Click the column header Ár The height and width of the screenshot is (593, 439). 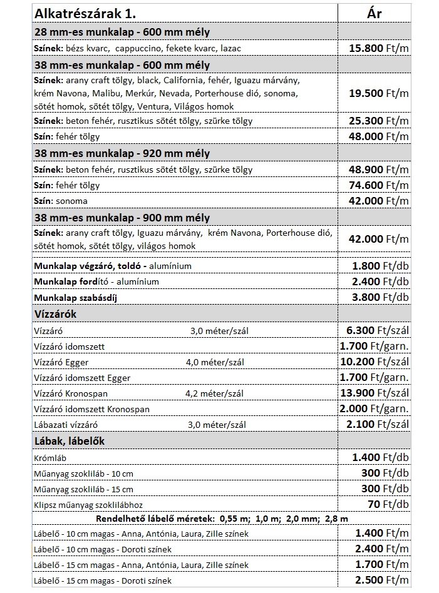(x=374, y=13)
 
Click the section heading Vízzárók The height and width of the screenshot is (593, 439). (x=55, y=314)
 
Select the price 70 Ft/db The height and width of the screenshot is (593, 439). (x=389, y=504)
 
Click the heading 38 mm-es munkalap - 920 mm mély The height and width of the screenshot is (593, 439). (x=121, y=153)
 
